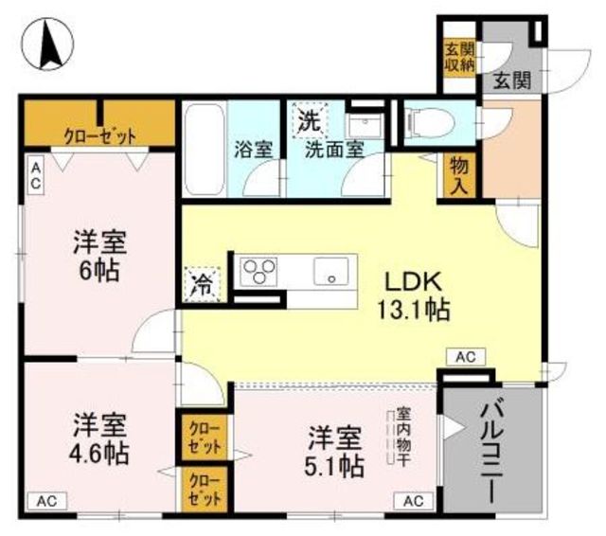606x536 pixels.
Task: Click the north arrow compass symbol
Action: pyautogui.click(x=47, y=44)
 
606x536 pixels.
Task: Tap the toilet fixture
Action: pyautogui.click(x=428, y=123)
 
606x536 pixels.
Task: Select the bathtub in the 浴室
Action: pyautogui.click(x=205, y=149)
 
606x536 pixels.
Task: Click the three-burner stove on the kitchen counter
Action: pyautogui.click(x=258, y=272)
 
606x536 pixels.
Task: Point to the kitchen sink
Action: pyautogui.click(x=330, y=271)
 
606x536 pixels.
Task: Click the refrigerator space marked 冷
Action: pyautogui.click(x=202, y=284)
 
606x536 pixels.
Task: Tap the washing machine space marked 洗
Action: pyautogui.click(x=311, y=120)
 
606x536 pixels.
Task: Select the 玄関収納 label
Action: pyautogui.click(x=459, y=57)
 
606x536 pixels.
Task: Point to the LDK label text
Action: pyautogui.click(x=413, y=282)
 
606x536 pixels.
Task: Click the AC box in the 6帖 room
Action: pyautogui.click(x=36, y=176)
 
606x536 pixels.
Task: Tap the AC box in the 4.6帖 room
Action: pyautogui.click(x=47, y=502)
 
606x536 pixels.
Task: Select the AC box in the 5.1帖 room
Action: pyautogui.click(x=414, y=502)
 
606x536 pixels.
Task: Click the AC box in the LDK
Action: pyautogui.click(x=466, y=357)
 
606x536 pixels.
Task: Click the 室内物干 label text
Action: pyautogui.click(x=403, y=437)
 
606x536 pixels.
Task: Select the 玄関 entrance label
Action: pyautogui.click(x=512, y=80)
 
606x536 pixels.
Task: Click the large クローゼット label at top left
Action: pyautogui.click(x=100, y=136)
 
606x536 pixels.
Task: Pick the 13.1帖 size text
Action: pyautogui.click(x=414, y=310)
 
